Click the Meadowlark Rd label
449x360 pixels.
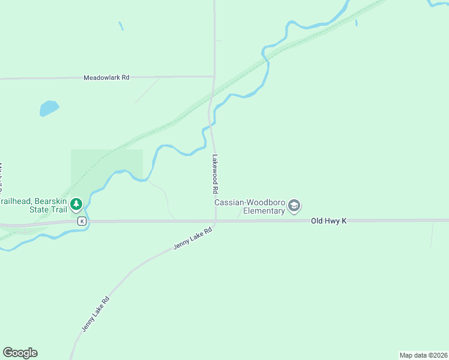coord(106,77)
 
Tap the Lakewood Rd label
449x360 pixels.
coord(214,174)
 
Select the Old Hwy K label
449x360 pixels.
coord(329,221)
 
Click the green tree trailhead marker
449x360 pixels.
coord(76,205)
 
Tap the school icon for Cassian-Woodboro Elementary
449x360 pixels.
coord(294,206)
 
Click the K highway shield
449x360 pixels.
coord(82,221)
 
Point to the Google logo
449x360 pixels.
coord(20,353)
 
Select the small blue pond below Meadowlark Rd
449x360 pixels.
coord(49,108)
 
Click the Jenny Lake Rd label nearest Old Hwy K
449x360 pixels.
coord(193,239)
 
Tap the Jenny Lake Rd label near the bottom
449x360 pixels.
coord(96,314)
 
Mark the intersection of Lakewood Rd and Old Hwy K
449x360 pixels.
coord(215,221)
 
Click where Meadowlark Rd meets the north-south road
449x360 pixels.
coord(214,76)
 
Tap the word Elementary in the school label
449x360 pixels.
coord(264,211)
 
